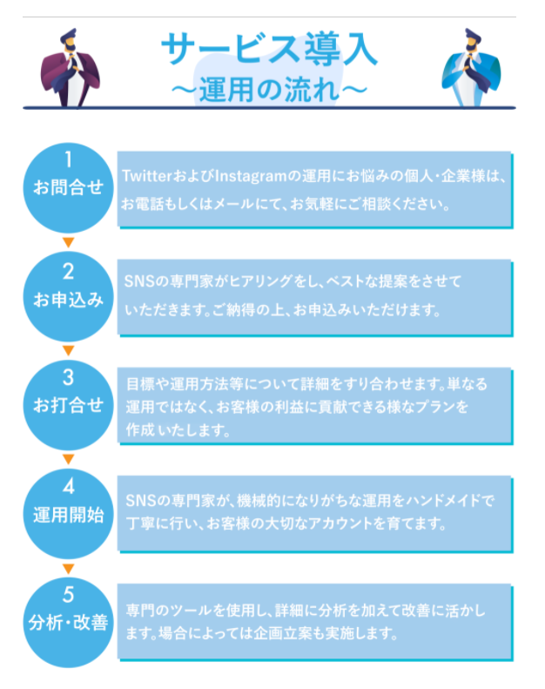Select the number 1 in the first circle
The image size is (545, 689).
coord(68,159)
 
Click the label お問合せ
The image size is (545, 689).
coord(68,187)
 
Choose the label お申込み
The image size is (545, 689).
coord(68,300)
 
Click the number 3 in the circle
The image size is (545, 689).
coord(68,378)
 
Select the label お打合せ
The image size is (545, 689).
coord(68,405)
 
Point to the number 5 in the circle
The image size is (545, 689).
coord(68,596)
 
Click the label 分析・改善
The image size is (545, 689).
coord(68,624)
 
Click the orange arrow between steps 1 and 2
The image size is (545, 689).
coord(69,241)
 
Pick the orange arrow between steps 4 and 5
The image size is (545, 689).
coord(69,568)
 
